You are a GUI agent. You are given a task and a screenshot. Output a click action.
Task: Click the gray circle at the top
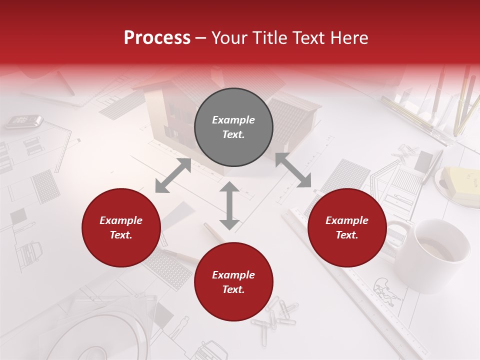[x=233, y=127]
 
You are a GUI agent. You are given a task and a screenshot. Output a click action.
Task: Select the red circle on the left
[x=121, y=228]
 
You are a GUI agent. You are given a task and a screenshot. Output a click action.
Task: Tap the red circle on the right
[x=347, y=228]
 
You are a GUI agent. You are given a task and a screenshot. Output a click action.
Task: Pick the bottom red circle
[x=233, y=282]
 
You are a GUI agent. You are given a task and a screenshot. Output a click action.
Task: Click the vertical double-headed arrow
[x=229, y=205]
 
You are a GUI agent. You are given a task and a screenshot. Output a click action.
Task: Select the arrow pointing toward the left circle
[x=173, y=175]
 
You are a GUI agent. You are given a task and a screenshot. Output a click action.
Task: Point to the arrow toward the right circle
[x=293, y=170]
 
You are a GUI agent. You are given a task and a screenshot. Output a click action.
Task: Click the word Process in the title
[x=157, y=37]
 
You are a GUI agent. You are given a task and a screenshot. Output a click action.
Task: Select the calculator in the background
[x=23, y=120]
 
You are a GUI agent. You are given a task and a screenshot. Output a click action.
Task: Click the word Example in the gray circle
[x=233, y=120]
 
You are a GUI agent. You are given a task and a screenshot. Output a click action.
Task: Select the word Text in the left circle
[x=121, y=235]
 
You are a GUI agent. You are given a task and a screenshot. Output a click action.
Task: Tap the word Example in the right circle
[x=347, y=220]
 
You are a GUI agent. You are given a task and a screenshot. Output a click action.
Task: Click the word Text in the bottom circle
[x=233, y=289]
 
